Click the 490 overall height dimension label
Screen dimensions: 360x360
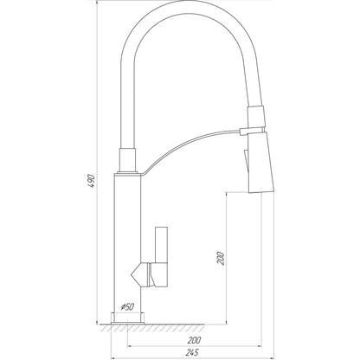click(x=92, y=181)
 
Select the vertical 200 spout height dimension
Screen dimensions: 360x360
click(x=221, y=259)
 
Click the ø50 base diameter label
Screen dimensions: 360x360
click(x=127, y=306)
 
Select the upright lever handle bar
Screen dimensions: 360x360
click(x=161, y=245)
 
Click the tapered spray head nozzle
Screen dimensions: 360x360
click(x=260, y=164)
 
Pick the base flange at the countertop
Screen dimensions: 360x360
click(x=127, y=318)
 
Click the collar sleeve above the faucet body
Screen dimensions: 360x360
click(x=127, y=161)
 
